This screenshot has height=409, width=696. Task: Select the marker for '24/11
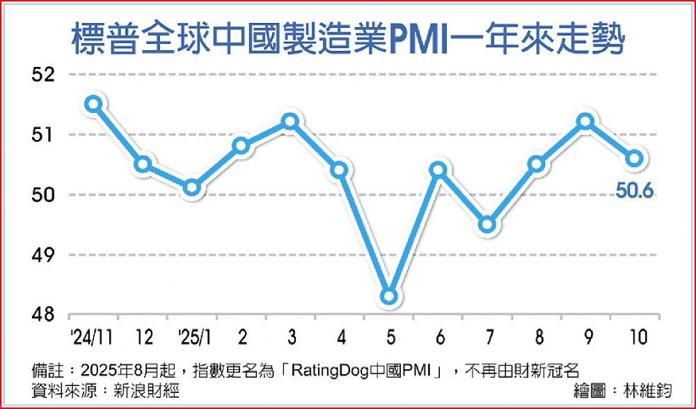(x=94, y=104)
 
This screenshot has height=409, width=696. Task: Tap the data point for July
(x=487, y=224)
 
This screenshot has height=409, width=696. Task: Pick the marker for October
(x=634, y=158)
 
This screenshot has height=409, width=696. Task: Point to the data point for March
(x=290, y=122)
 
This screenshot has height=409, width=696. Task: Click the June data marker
(x=438, y=169)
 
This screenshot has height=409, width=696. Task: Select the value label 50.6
(x=634, y=190)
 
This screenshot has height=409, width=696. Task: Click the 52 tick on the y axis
(x=46, y=75)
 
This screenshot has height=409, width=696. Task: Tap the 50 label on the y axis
(x=46, y=195)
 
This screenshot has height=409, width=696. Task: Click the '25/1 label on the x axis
(x=195, y=337)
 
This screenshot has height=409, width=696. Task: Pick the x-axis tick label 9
(x=585, y=337)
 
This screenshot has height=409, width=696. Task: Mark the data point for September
(x=585, y=122)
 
